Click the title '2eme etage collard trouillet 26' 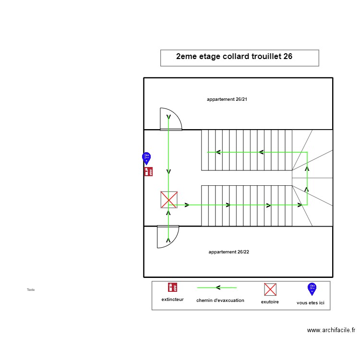click(234, 57)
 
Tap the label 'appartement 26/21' click(227, 99)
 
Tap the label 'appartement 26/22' click(228, 252)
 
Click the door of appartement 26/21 click(170, 120)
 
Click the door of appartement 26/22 click(168, 236)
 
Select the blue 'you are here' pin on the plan click(146, 157)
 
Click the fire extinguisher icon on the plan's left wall click(148, 171)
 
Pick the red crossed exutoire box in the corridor click(169, 200)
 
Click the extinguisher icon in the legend click(172, 288)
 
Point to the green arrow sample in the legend click(217, 288)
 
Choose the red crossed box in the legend click(270, 289)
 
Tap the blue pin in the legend click(312, 288)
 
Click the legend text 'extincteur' click(172, 300)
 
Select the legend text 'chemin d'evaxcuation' click(220, 300)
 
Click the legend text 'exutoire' click(270, 302)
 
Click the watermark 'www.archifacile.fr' click(331, 330)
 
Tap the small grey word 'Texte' click(31, 290)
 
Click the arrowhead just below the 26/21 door click(168, 117)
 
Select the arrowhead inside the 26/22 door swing click(168, 239)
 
